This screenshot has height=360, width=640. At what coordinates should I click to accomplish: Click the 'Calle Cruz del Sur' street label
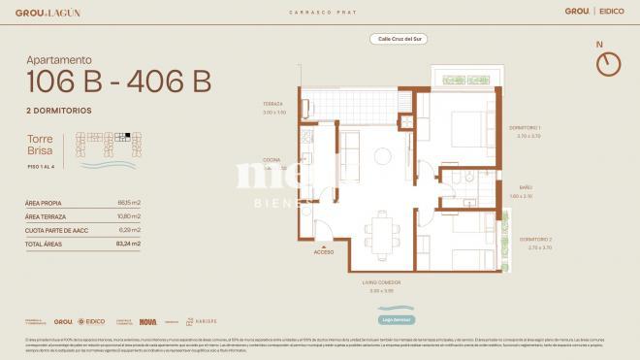(x=399, y=39)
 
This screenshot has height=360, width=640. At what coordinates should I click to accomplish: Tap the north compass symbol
(x=608, y=63)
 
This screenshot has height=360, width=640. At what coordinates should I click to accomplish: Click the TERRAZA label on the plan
(x=274, y=105)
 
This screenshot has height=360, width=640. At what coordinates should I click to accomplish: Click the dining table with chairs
(x=386, y=231)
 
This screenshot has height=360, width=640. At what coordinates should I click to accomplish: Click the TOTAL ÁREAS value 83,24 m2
(x=128, y=244)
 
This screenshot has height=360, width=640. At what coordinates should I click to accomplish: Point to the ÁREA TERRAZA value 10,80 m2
(x=128, y=215)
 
